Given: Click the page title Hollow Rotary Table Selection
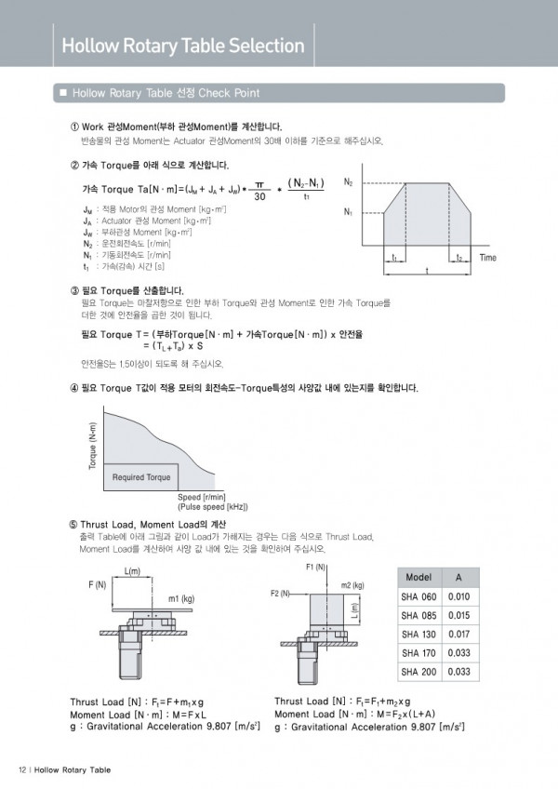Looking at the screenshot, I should [x=182, y=46].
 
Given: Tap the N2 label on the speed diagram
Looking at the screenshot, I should [x=348, y=181].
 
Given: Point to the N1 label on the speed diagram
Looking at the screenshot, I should [x=348, y=212].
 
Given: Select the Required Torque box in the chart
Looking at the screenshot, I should [x=141, y=477].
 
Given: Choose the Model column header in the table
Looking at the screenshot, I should [x=418, y=578].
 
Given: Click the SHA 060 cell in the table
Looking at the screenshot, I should [x=418, y=596].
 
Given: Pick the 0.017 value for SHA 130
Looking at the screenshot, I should [x=459, y=634].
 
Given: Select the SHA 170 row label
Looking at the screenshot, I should [x=418, y=652].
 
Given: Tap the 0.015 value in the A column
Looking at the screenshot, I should [x=459, y=615].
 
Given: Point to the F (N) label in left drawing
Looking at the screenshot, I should [x=97, y=584].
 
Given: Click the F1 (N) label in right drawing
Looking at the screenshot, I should [x=315, y=567].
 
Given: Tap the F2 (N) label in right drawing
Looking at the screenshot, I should [x=281, y=593].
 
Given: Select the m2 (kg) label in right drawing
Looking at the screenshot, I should [x=352, y=585].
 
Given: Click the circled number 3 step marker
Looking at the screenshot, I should [x=74, y=290].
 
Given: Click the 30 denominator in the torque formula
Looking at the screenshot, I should [x=259, y=197].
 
